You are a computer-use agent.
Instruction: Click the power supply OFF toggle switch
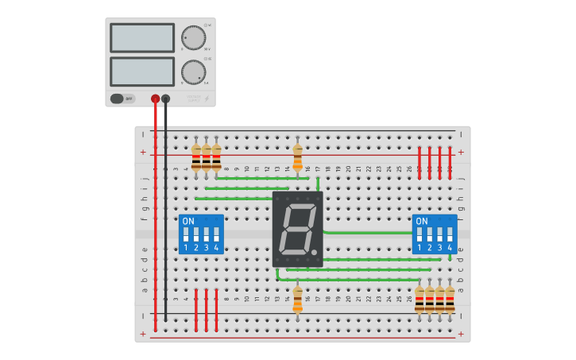tap(118, 99)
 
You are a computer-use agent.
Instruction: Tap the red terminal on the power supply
tap(155, 99)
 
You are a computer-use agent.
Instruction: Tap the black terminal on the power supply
tap(165, 99)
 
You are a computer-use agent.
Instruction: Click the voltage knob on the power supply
tap(192, 37)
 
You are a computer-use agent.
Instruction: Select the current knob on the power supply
tap(192, 72)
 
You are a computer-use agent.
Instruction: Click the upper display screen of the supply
tap(142, 37)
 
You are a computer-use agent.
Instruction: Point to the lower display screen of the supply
tap(142, 72)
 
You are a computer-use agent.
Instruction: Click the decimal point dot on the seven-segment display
tap(315, 253)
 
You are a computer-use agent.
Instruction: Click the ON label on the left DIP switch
tap(187, 221)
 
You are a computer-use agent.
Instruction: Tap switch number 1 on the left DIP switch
tap(186, 235)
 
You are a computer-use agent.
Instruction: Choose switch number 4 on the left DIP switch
tap(216, 235)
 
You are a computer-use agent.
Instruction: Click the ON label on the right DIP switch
tap(421, 221)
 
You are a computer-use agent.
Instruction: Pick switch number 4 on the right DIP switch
tap(450, 235)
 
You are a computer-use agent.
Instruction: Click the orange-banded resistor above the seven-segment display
tap(298, 157)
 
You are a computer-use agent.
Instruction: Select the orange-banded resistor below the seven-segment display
tap(298, 300)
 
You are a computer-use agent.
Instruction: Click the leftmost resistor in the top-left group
tap(196, 157)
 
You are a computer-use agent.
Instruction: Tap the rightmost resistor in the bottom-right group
tap(450, 300)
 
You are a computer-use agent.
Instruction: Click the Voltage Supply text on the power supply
tap(195, 99)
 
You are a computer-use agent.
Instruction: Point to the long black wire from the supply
tap(165, 215)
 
